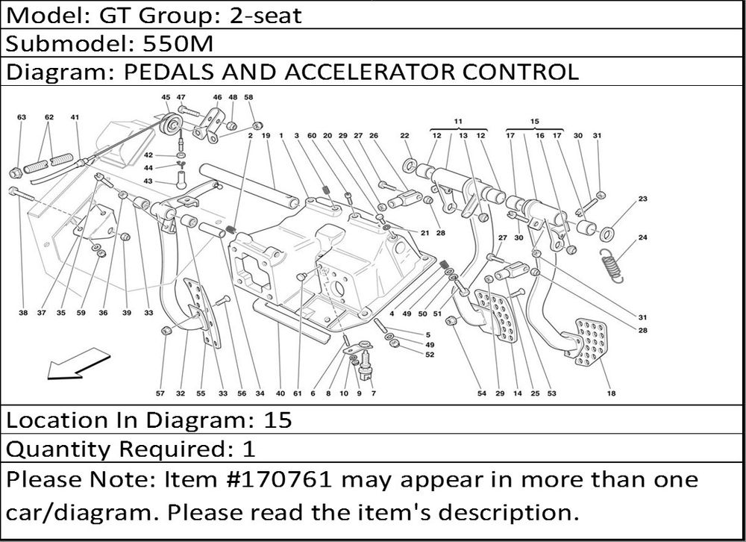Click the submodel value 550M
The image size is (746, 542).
[x=177, y=44]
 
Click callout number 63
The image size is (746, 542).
[x=21, y=117]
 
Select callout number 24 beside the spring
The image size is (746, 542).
[x=643, y=239]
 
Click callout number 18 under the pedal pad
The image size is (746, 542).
[x=611, y=393]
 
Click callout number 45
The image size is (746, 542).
[x=166, y=97]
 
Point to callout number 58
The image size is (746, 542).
[x=249, y=97]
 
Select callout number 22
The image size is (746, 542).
[x=404, y=135]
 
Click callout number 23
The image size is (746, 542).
[x=643, y=199]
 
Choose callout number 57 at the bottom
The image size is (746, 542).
[x=160, y=393]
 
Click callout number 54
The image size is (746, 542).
[x=481, y=393]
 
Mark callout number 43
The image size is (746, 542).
[x=148, y=181]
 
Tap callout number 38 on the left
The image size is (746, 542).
[x=23, y=314]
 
